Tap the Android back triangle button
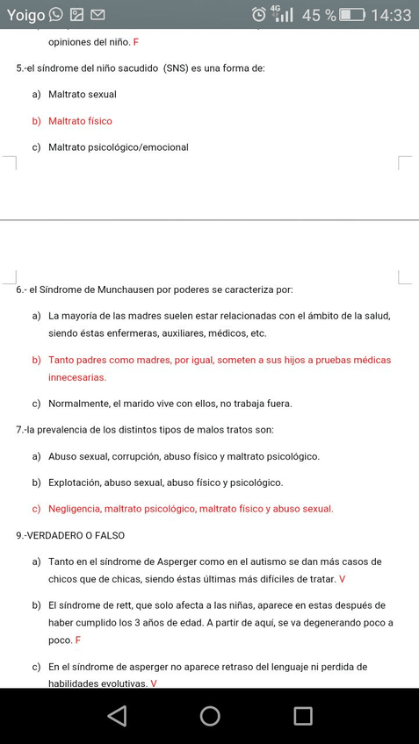(x=117, y=716)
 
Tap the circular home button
(x=210, y=716)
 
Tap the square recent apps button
(x=303, y=716)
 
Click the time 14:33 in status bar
(x=391, y=15)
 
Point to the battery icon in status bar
(x=352, y=15)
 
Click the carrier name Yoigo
(x=25, y=15)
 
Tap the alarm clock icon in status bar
(x=259, y=15)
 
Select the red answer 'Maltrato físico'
(x=80, y=121)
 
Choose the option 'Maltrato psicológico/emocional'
(x=119, y=147)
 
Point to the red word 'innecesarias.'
(x=77, y=377)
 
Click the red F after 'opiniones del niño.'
(x=136, y=42)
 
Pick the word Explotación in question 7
(x=75, y=483)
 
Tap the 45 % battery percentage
(x=319, y=15)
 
